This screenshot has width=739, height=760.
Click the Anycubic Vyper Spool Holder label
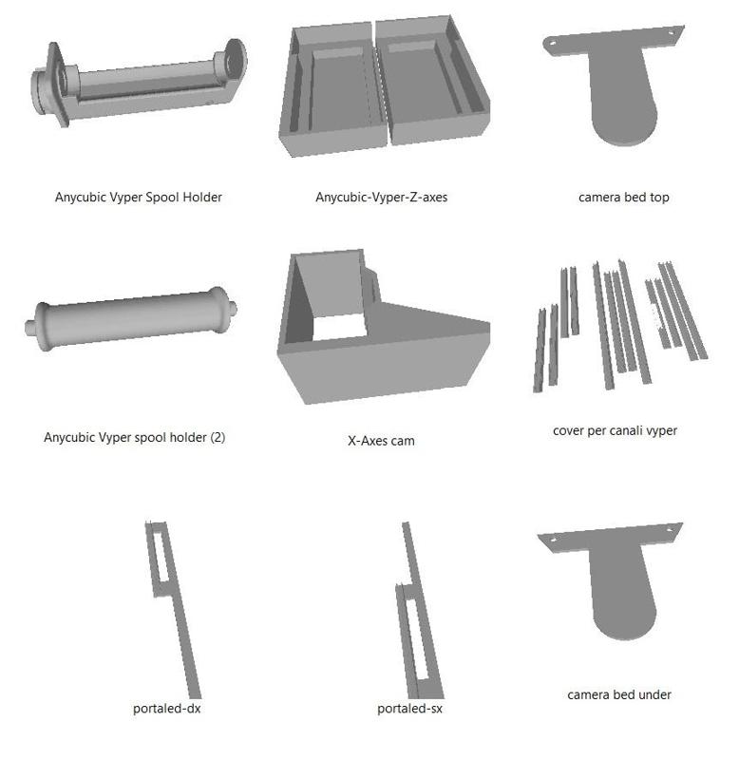tap(138, 198)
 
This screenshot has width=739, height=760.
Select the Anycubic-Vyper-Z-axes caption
tap(381, 198)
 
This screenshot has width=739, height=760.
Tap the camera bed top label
tap(624, 198)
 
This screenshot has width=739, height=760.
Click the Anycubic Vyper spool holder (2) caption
tap(134, 437)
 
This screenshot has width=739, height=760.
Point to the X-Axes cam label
tap(381, 441)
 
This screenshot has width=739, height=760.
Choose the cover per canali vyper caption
tap(615, 430)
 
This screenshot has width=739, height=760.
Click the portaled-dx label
tap(166, 709)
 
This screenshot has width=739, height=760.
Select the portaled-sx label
tap(409, 709)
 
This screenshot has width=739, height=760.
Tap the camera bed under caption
tap(619, 694)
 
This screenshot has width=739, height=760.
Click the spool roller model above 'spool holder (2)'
tap(131, 318)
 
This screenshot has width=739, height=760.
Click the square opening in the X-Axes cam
tap(339, 327)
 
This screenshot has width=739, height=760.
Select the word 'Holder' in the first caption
tap(202, 197)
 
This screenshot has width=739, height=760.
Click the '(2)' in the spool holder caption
tap(218, 437)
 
